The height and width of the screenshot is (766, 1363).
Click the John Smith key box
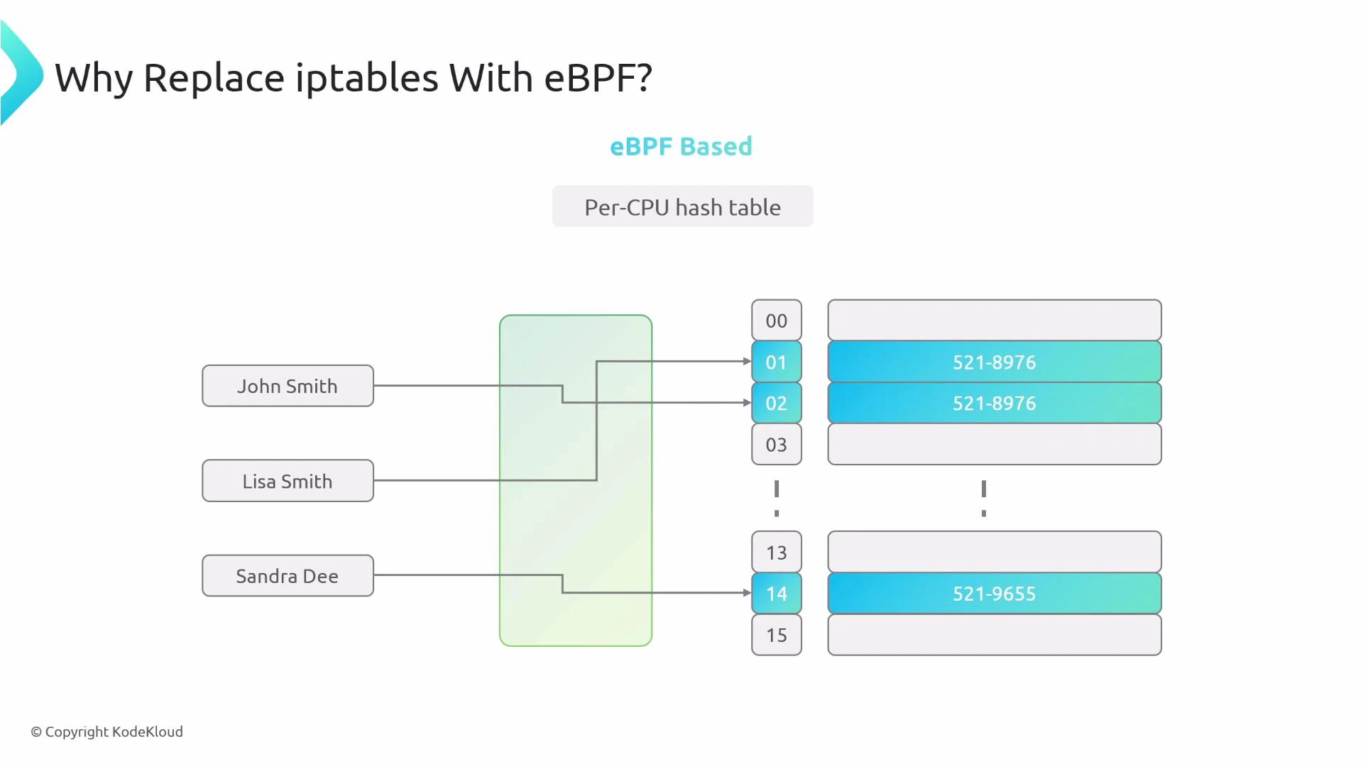pos(288,386)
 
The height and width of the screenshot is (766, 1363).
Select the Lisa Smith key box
pos(288,481)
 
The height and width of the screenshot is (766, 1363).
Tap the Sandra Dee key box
pos(288,576)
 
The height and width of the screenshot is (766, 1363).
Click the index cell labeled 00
pos(777,321)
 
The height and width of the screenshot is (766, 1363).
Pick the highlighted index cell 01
pos(777,362)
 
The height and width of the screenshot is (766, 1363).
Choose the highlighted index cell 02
pos(777,403)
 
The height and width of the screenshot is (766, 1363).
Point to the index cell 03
pos(777,445)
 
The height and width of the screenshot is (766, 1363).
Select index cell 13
pos(777,552)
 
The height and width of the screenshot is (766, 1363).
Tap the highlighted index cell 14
pos(777,593)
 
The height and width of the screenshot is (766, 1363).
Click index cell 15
pos(777,635)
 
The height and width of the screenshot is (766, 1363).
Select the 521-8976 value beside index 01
pos(994,362)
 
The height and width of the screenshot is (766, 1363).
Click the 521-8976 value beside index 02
pos(994,403)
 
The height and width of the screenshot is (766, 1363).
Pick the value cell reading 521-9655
pos(994,593)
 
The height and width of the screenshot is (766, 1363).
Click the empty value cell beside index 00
pos(994,321)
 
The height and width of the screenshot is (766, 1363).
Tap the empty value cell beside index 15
pos(994,635)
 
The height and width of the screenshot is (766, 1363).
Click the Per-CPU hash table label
pos(682,207)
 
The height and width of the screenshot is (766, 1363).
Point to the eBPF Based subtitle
pos(681,146)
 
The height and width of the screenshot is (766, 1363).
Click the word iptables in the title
pos(366,77)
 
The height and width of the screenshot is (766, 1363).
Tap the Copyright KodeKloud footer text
pos(106,731)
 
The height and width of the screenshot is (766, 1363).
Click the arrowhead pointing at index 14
pos(747,592)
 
